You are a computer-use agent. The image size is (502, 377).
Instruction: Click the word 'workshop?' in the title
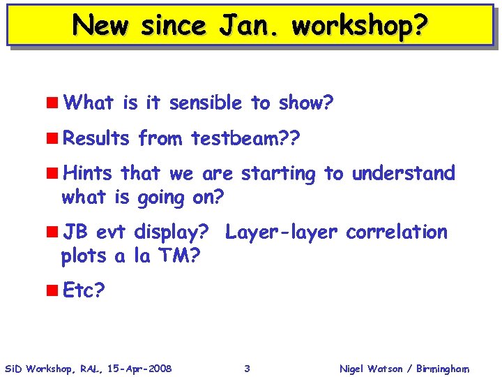pos(359,26)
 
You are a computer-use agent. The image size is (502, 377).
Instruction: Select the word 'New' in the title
pos(103,26)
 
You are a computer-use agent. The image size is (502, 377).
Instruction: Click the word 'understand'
pos(403,173)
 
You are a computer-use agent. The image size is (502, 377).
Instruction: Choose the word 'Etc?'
pos(84,290)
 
